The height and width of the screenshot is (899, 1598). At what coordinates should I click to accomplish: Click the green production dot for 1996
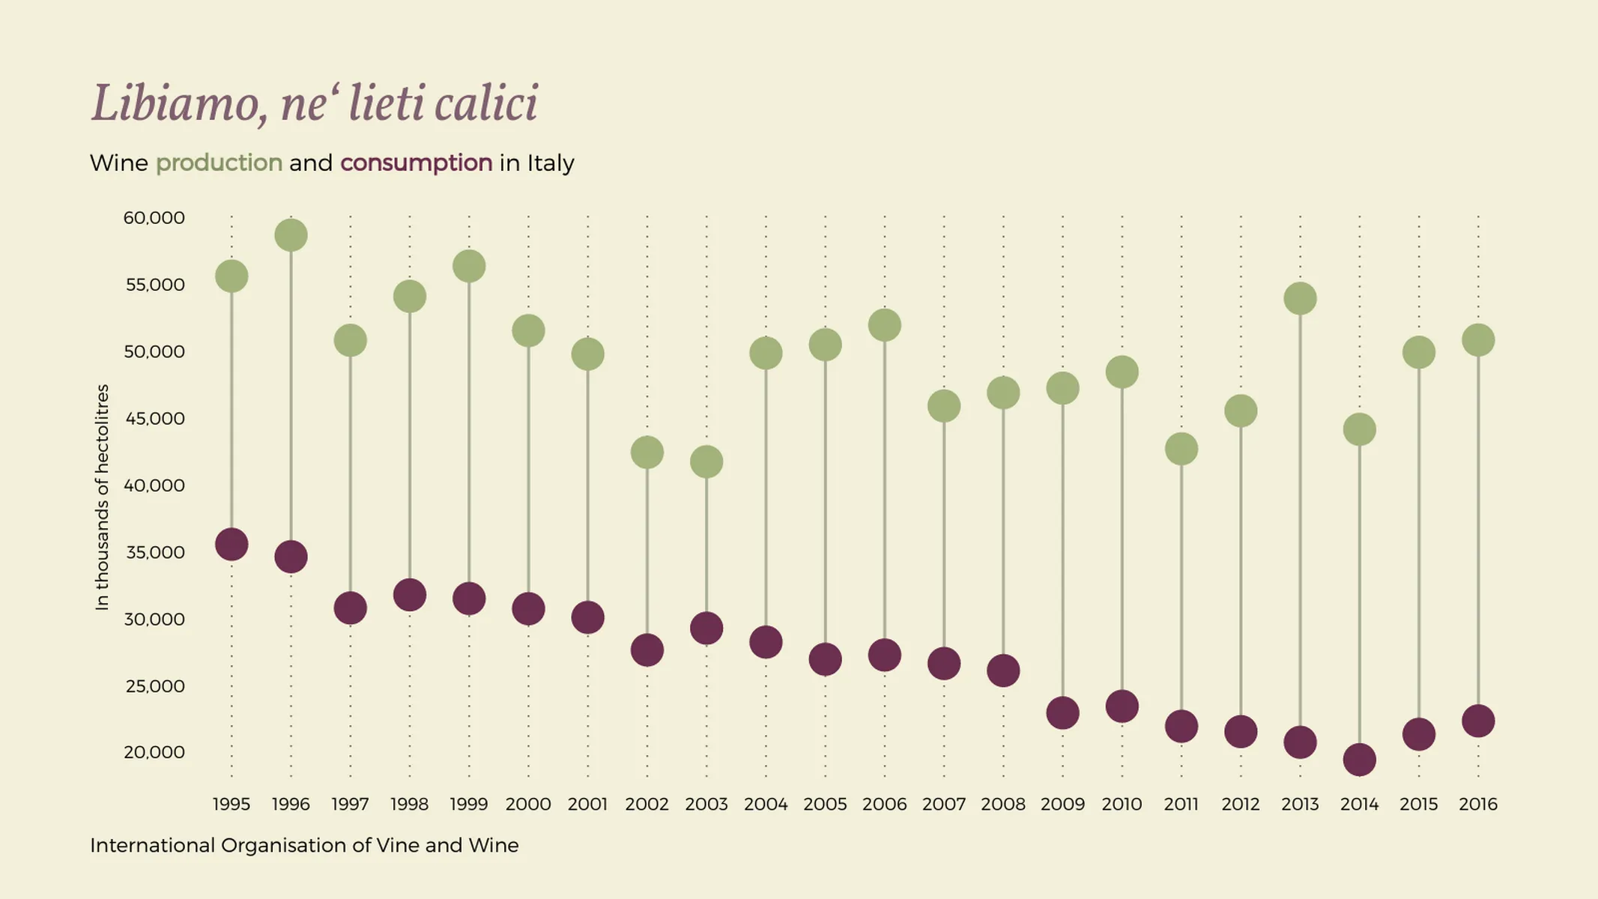pos(291,235)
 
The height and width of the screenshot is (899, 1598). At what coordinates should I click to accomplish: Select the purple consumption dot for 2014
pos(1359,760)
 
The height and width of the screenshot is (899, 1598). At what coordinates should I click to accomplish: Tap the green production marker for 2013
pos(1300,299)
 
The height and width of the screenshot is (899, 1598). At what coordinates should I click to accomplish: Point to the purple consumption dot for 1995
pos(231,544)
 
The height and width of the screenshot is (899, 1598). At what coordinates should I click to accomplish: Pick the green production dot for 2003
pos(706,461)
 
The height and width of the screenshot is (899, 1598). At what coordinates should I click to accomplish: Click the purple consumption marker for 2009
pos(1062,712)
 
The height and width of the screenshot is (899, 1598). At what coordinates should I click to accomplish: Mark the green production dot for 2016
pos(1478,340)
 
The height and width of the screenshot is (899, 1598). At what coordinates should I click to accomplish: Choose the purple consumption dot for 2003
pos(706,628)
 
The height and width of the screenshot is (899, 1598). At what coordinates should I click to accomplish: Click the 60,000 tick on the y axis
pos(154,218)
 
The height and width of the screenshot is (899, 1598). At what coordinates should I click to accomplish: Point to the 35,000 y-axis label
pos(154,553)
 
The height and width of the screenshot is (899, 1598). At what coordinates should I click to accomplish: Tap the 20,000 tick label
pos(154,752)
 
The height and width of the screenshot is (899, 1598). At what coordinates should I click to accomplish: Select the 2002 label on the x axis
pos(647,805)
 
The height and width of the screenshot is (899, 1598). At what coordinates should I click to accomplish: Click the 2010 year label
pos(1122,805)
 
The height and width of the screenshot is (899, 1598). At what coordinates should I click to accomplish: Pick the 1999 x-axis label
pos(468,805)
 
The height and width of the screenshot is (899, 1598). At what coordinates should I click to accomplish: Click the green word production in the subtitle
pos(219,163)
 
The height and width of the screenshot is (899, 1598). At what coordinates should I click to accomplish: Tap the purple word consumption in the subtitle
pos(416,163)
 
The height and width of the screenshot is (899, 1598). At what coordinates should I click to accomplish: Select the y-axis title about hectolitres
pos(103,497)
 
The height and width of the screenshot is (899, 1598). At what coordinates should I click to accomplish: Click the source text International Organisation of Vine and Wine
pos(304,846)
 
